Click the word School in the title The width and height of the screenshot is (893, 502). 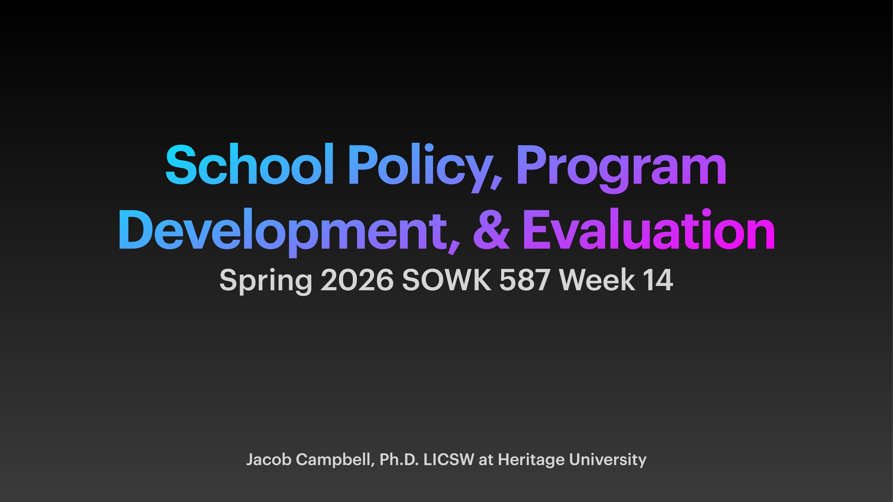(x=250, y=165)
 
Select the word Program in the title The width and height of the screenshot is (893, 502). (x=621, y=166)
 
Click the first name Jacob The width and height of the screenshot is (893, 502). (x=269, y=460)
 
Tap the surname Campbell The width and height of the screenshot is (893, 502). (x=334, y=460)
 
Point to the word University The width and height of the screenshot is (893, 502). (x=608, y=460)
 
